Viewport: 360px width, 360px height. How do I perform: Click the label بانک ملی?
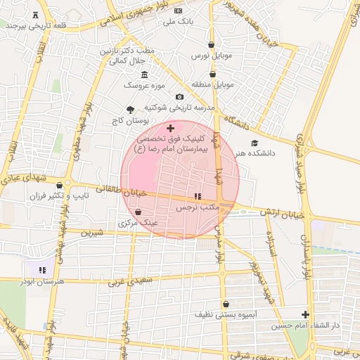pos(178,22)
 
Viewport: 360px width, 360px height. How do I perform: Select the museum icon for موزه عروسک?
pos(144,75)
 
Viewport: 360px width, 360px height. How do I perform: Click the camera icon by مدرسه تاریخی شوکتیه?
pos(179,97)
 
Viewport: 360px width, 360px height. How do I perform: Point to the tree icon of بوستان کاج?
pos(130,109)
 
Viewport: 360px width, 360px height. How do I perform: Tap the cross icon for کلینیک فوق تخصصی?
pos(170,128)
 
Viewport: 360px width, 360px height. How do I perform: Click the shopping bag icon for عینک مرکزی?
pos(138,212)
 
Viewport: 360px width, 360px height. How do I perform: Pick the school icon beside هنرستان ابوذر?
pos(42,269)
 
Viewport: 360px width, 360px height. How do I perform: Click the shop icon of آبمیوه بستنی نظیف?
pos(226,304)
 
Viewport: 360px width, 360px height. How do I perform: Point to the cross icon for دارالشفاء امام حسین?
pos(305,314)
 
